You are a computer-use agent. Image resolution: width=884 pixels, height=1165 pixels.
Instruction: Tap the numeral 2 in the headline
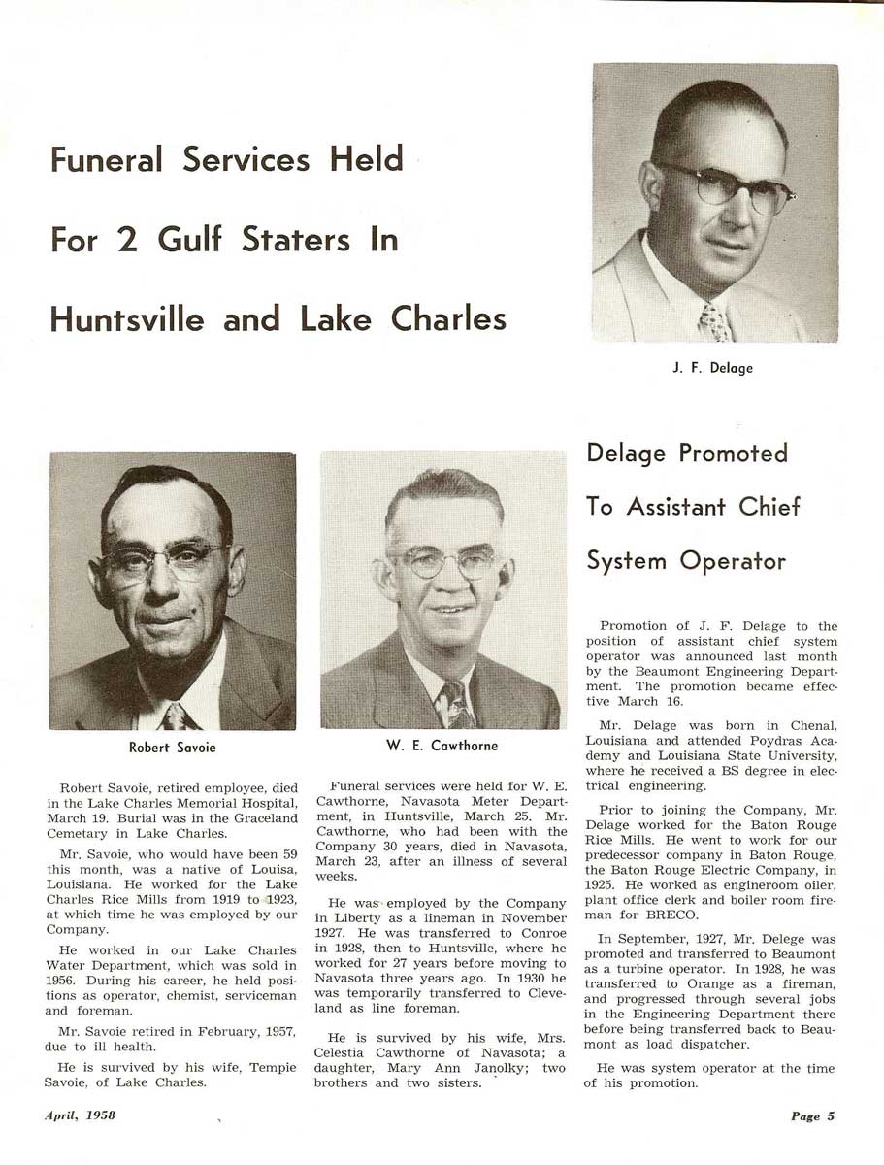click(126, 240)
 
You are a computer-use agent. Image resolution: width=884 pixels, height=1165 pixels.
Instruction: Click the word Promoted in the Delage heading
click(733, 453)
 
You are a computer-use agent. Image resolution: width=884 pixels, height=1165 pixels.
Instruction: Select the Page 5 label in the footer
click(812, 1116)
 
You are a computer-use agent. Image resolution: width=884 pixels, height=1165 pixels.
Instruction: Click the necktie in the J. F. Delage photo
click(715, 323)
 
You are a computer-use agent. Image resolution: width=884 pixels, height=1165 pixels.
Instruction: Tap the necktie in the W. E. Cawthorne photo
click(456, 705)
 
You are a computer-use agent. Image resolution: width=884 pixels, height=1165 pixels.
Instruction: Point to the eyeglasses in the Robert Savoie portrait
click(166, 560)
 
